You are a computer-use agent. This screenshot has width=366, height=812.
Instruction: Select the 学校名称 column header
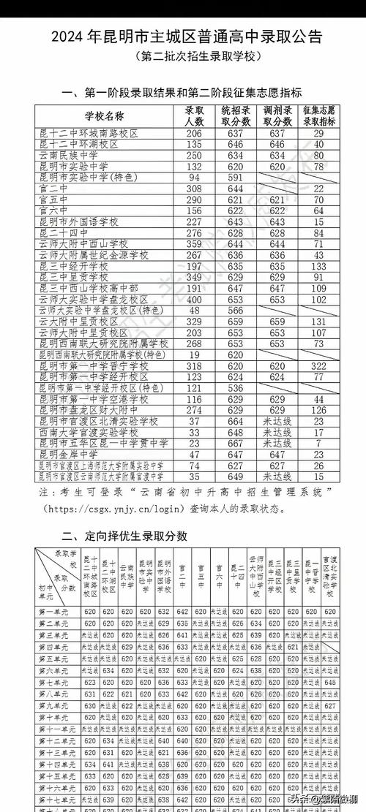tap(103, 115)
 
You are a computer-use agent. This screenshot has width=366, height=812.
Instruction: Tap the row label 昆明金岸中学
tap(70, 453)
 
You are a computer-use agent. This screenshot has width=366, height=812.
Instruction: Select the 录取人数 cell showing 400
tap(194, 300)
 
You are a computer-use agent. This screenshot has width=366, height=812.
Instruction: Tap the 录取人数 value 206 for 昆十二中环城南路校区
tap(194, 133)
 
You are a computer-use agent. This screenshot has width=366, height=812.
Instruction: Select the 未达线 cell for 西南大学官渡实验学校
tap(277, 432)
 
